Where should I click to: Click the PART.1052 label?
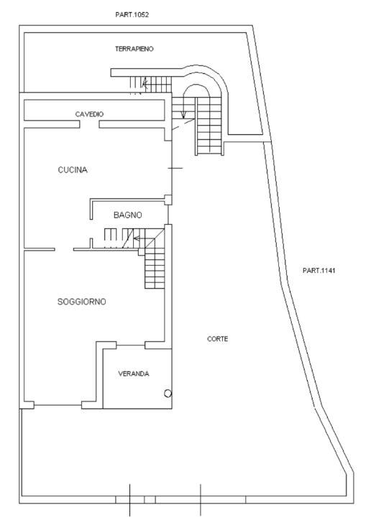(x=132, y=14)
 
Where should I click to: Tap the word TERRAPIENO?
(x=134, y=49)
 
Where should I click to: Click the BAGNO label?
(x=128, y=215)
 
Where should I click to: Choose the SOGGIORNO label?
(x=82, y=302)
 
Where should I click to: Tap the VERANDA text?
(x=134, y=373)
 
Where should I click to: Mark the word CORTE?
(x=218, y=339)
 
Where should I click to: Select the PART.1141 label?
(x=321, y=271)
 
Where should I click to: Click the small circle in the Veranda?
(x=167, y=393)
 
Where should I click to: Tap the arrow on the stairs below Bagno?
(x=137, y=238)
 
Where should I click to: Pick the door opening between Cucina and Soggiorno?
(x=64, y=250)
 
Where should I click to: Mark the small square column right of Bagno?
(x=168, y=199)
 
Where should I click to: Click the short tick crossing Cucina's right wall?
(x=175, y=168)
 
